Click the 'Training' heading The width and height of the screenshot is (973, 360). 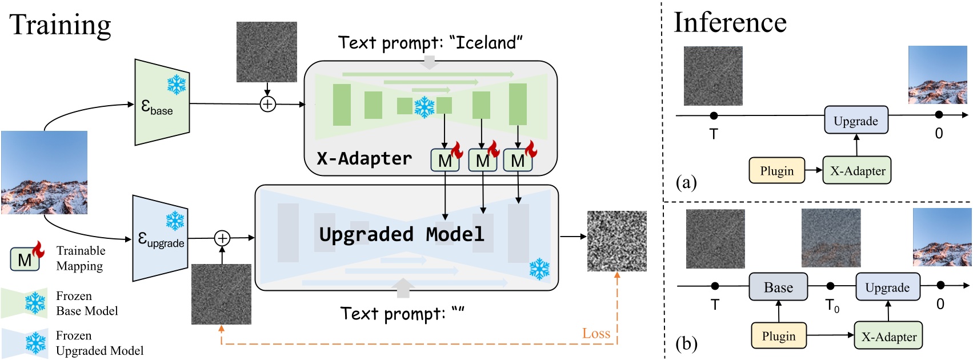click(x=61, y=26)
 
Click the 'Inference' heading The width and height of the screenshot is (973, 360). click(x=730, y=23)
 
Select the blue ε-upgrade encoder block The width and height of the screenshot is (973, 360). click(x=160, y=238)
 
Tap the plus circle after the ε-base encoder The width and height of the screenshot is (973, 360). click(x=267, y=104)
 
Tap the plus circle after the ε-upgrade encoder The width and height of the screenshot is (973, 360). click(x=222, y=238)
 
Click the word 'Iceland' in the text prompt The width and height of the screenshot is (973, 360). click(x=486, y=42)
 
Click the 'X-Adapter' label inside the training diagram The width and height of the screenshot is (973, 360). click(x=365, y=158)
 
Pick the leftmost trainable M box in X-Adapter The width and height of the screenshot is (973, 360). click(x=445, y=161)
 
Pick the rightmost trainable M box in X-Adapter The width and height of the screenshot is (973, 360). click(x=518, y=161)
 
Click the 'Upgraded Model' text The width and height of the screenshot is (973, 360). click(x=402, y=234)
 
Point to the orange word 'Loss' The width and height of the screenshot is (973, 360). click(x=596, y=334)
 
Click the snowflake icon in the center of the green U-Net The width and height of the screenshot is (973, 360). click(x=424, y=107)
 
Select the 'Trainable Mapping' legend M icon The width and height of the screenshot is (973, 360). click(x=25, y=259)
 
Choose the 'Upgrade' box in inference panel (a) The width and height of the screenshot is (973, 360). click(x=856, y=121)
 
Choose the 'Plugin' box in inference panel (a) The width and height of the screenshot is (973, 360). click(x=776, y=171)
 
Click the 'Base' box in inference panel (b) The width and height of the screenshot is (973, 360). click(x=778, y=287)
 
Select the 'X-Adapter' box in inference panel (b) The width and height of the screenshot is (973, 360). click(x=888, y=337)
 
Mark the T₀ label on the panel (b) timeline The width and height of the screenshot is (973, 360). click(x=832, y=306)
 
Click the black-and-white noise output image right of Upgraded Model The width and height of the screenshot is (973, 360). click(x=617, y=241)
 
